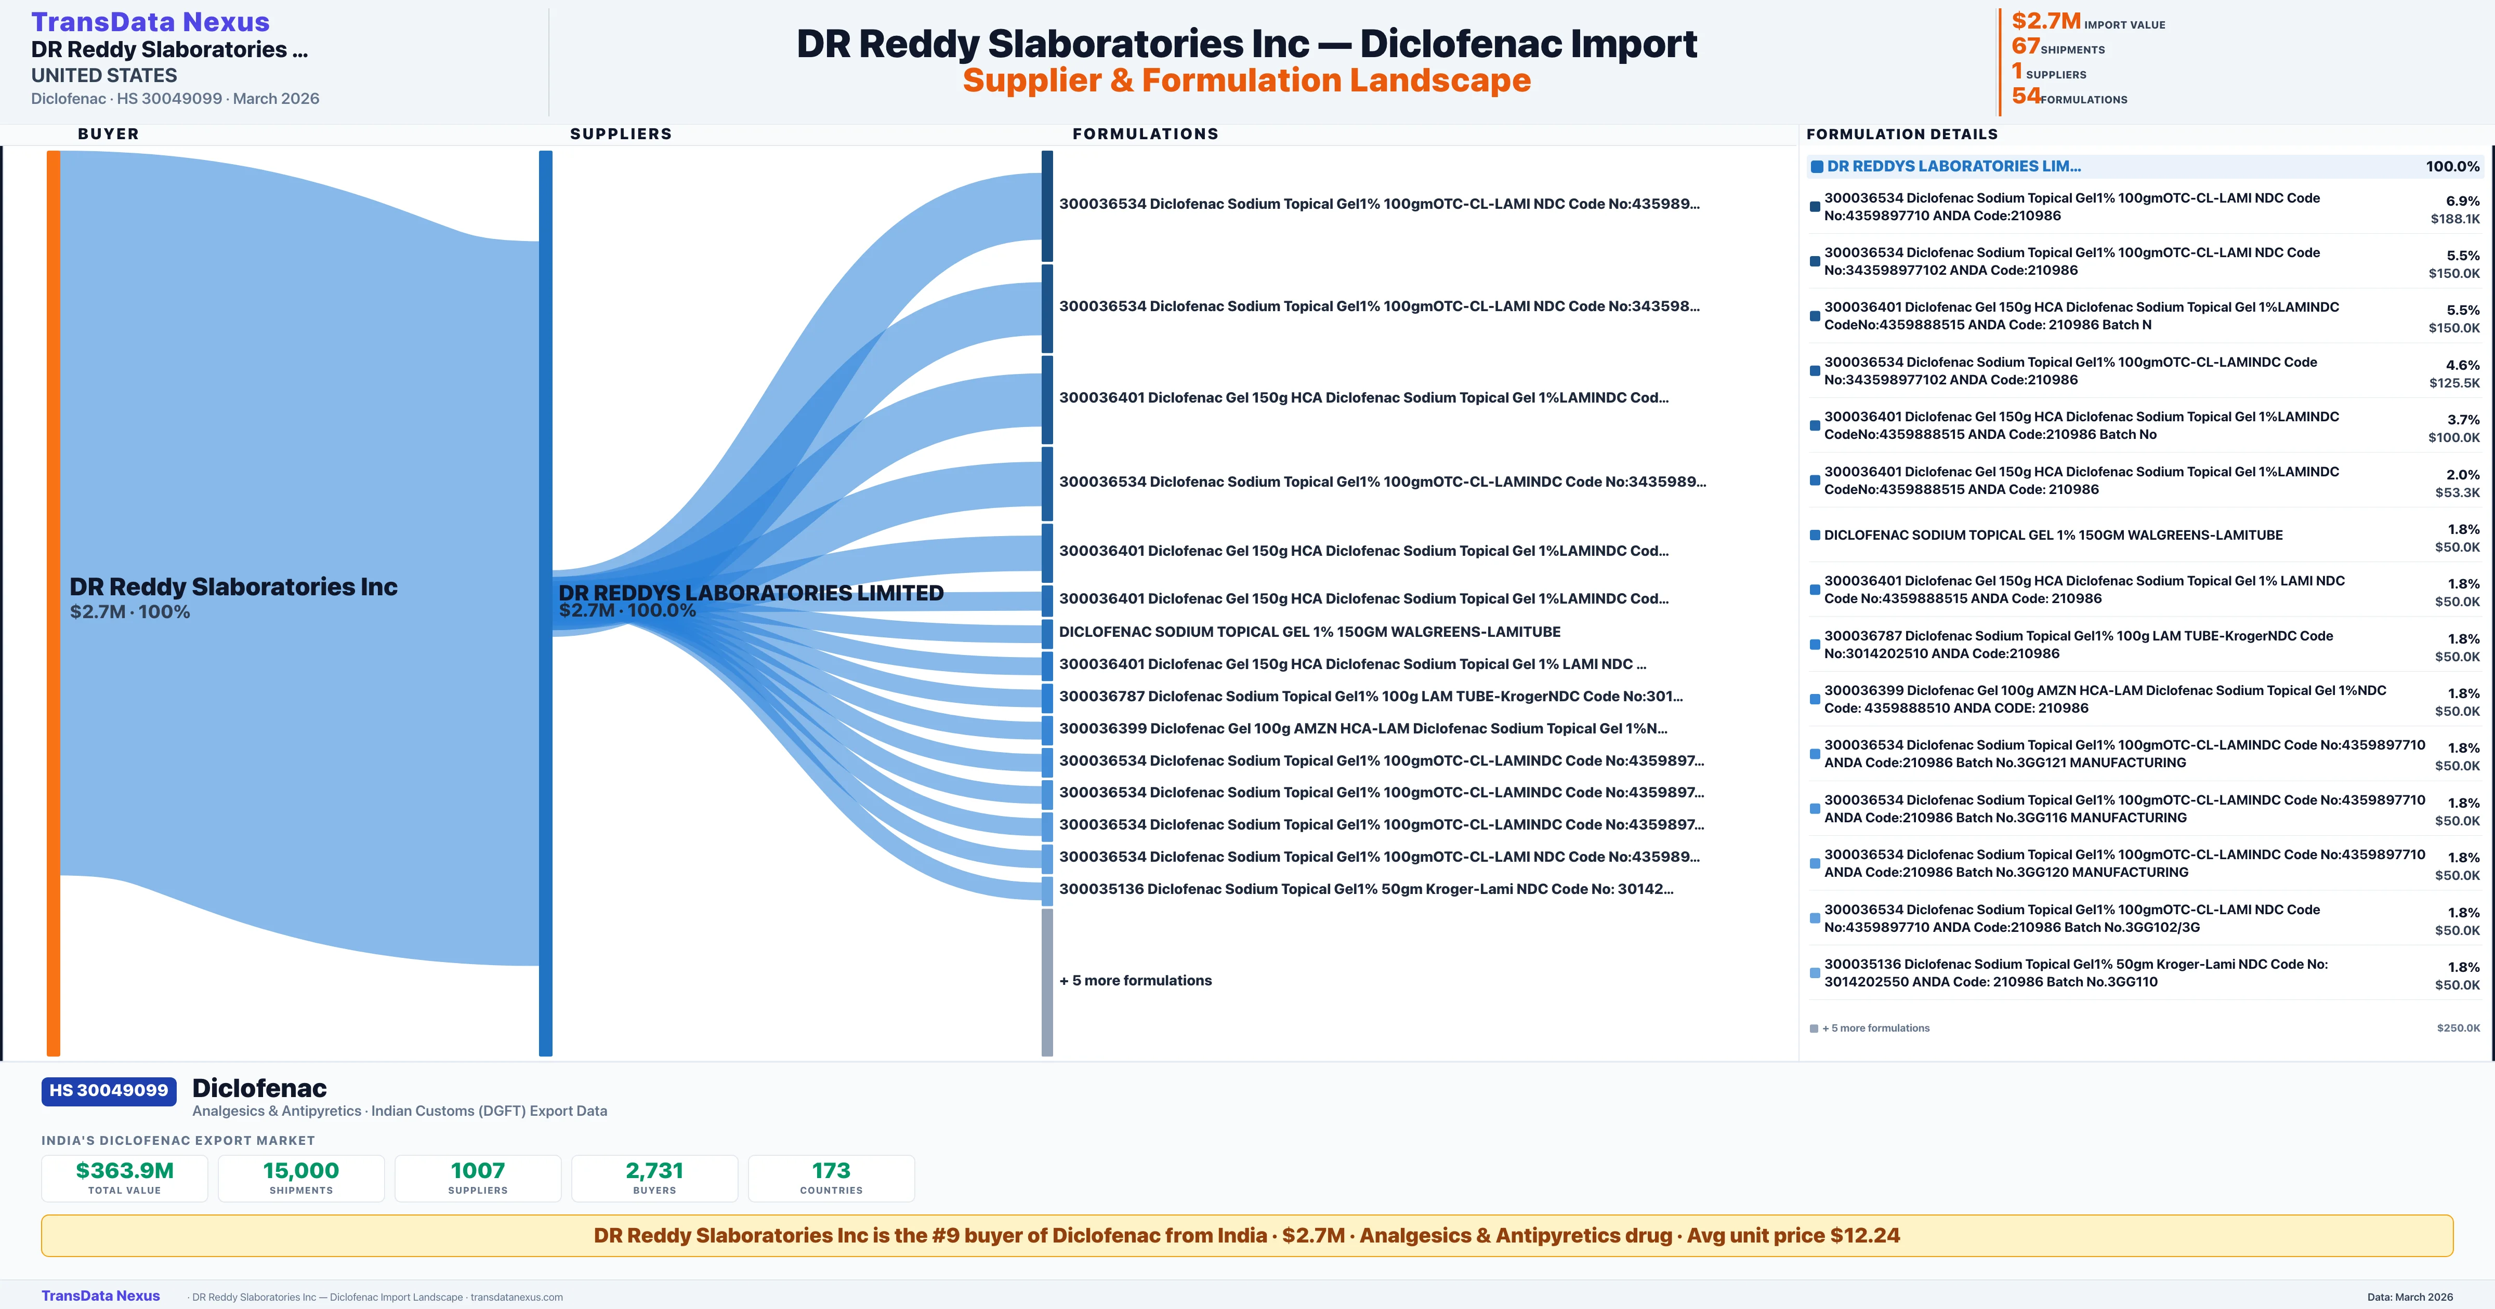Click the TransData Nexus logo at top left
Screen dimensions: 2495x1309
coord(150,21)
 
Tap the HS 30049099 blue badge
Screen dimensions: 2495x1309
coord(109,1090)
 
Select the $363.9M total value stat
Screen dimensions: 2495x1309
coord(125,1170)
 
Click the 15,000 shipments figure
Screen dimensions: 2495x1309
coord(301,1170)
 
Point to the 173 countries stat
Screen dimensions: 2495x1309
coord(831,1170)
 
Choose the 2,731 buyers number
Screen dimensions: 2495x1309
coord(655,1170)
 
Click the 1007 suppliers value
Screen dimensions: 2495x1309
coord(478,1170)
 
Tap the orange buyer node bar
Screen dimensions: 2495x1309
coord(53,602)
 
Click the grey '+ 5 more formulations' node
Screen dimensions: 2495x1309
coord(1047,982)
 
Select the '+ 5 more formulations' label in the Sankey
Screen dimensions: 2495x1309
coord(1135,981)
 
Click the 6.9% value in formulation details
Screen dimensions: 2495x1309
coord(2462,202)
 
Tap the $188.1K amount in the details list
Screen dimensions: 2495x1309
coord(2455,219)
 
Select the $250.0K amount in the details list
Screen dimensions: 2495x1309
coord(2458,1028)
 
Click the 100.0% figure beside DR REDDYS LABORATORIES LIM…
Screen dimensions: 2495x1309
coord(2452,167)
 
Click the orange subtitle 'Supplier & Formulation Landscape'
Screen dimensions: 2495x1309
coord(1246,81)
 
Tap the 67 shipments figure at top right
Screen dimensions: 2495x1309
coord(2025,46)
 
